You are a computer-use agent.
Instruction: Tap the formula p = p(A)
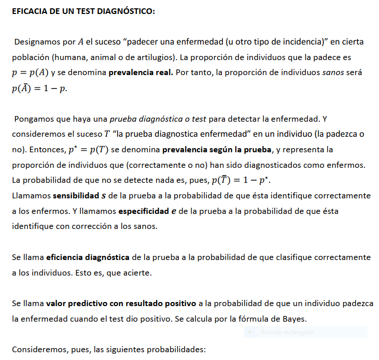point(34,73)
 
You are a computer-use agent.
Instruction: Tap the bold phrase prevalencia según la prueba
point(217,150)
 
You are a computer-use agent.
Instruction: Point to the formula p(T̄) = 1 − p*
point(241,181)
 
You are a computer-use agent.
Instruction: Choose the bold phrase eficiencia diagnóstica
point(88,257)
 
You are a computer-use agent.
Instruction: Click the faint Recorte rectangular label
point(287,332)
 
